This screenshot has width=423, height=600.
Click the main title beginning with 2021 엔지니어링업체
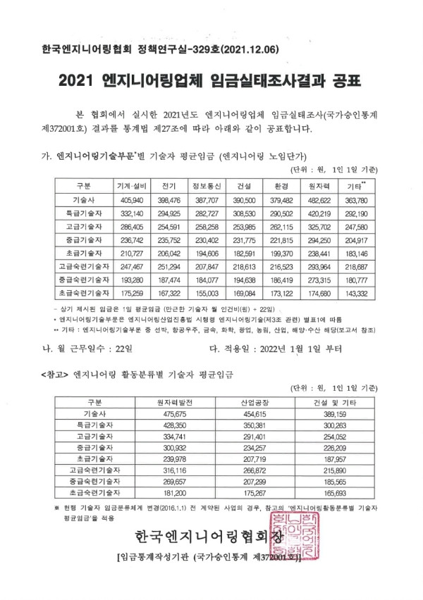[211, 82]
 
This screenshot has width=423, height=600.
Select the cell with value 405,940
[131, 200]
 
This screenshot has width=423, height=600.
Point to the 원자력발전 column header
[174, 402]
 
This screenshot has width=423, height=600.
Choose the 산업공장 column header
[252, 402]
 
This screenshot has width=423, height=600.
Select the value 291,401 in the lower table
[252, 437]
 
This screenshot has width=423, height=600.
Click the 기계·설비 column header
[131, 185]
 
